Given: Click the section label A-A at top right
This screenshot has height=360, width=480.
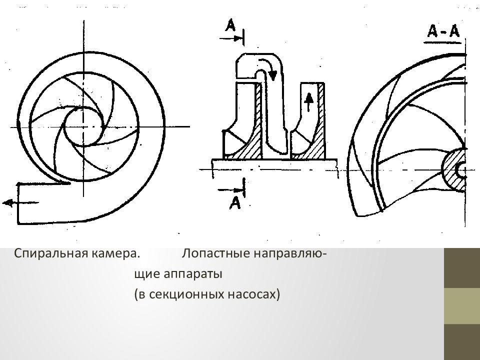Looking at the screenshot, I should coord(443,31).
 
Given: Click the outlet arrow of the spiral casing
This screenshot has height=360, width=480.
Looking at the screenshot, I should coord(10,202).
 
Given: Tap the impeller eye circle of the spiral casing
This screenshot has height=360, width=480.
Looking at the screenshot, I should coord(84,126).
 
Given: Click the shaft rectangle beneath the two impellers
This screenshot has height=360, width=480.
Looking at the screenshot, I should coord(274,164).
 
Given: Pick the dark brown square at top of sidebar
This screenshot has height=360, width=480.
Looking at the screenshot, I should coord(461,267).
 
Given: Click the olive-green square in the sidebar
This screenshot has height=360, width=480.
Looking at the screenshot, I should coord(461,305).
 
